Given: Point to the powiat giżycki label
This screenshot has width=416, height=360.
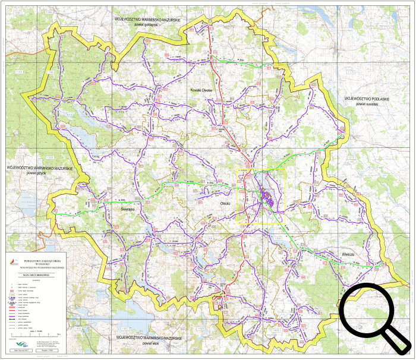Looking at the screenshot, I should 39,174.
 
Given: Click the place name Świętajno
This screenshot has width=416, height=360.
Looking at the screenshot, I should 129,209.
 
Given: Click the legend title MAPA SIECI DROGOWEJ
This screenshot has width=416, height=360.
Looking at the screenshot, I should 40,276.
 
